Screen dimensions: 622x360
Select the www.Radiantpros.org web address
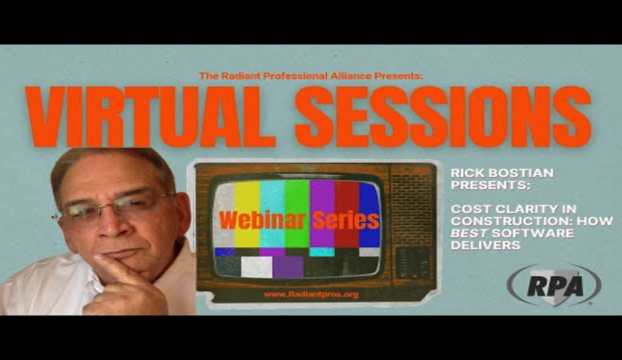pyautogui.click(x=311, y=294)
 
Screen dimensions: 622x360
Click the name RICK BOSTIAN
pyautogui.click(x=502, y=173)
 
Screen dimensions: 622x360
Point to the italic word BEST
pyautogui.click(x=469, y=233)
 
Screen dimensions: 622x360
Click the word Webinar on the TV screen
pyautogui.click(x=262, y=221)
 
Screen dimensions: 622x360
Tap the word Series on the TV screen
pyautogui.click(x=346, y=221)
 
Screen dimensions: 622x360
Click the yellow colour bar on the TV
pyautogui.click(x=247, y=213)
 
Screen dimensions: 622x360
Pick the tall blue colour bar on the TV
pyautogui.click(x=370, y=214)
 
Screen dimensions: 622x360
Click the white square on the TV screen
pyautogui.click(x=257, y=267)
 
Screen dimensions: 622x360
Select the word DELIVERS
pyautogui.click(x=486, y=245)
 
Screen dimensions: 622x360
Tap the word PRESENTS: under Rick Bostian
pyautogui.click(x=490, y=185)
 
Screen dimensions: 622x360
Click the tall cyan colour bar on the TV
pyautogui.click(x=272, y=213)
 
